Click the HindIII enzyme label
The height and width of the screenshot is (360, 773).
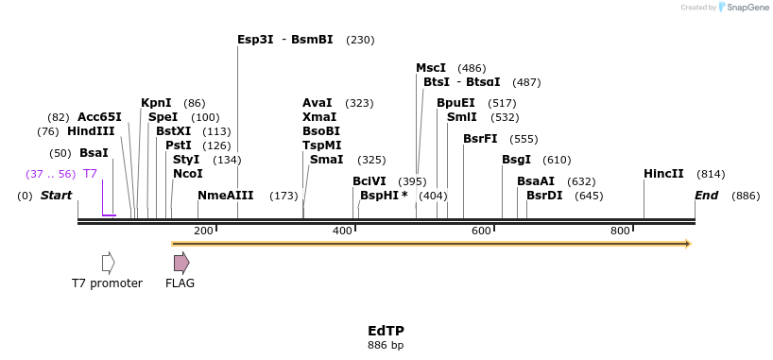point(91,131)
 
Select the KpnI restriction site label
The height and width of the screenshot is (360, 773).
point(156,102)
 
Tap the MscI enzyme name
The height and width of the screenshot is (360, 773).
point(431,68)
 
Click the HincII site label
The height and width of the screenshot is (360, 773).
point(663,174)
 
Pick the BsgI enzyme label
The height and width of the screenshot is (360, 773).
point(516,160)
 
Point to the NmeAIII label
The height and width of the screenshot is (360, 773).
point(226,196)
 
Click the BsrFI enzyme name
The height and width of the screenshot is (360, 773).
point(480,138)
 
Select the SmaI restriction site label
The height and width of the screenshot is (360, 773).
point(326,160)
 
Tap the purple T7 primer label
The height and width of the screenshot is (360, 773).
point(90,174)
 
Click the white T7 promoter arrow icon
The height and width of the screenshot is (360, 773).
point(108,263)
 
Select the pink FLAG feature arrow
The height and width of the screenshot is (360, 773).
point(180,263)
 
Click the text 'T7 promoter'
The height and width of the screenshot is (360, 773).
point(107,283)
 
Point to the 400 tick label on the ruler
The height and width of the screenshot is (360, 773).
point(342,231)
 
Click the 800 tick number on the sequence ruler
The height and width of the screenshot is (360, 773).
point(620,231)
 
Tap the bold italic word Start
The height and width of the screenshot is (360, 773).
point(56,196)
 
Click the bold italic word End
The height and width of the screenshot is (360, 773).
point(706,196)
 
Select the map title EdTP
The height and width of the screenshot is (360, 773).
point(386,331)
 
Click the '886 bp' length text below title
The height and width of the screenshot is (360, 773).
point(386,345)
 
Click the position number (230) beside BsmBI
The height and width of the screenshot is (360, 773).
point(360,40)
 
